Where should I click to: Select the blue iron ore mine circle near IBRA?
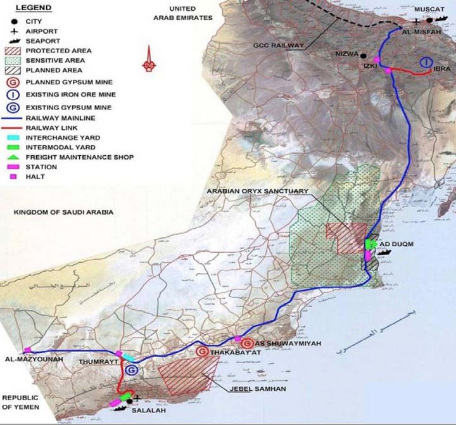[x=426, y=62]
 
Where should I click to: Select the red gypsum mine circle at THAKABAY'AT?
[x=202, y=352]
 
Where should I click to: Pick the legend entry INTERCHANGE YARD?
[x=63, y=137]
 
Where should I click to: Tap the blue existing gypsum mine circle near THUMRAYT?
[x=132, y=371]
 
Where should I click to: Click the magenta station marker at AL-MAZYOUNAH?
[x=27, y=350]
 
